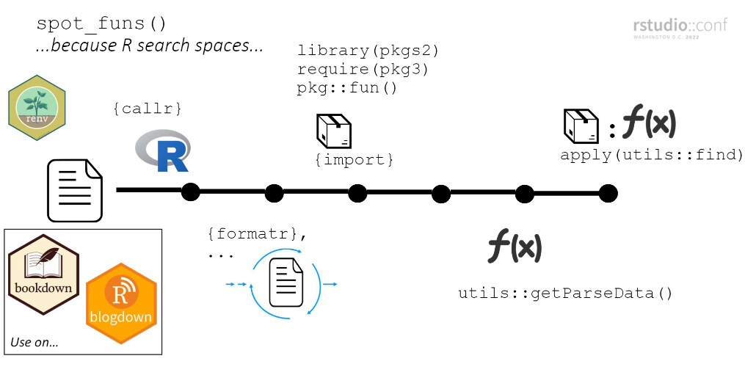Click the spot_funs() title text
point(102,23)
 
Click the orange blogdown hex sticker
point(121,302)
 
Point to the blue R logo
point(163,151)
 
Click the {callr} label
point(147,109)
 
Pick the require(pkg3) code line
point(363,70)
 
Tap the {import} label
point(355,159)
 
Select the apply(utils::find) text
point(652,155)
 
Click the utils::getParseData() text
point(565,294)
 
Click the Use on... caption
point(34,342)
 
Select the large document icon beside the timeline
point(75,190)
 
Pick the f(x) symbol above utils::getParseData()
point(515,247)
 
